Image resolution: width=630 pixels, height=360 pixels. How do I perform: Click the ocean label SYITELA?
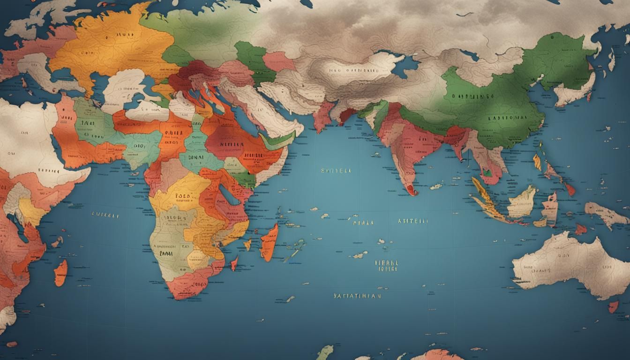point(336,171)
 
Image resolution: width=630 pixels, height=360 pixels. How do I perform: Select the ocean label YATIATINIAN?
point(357,296)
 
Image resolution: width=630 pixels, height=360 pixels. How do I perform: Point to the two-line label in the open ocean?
point(387,266)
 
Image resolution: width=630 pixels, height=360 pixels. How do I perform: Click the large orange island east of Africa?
point(269,242)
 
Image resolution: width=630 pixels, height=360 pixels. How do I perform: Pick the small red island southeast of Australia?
point(613,307)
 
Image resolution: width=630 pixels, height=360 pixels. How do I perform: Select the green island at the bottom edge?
point(324,352)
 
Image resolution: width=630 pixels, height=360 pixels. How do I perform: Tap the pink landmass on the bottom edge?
point(436,355)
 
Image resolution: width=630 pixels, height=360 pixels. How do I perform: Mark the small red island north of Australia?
point(580,229)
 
